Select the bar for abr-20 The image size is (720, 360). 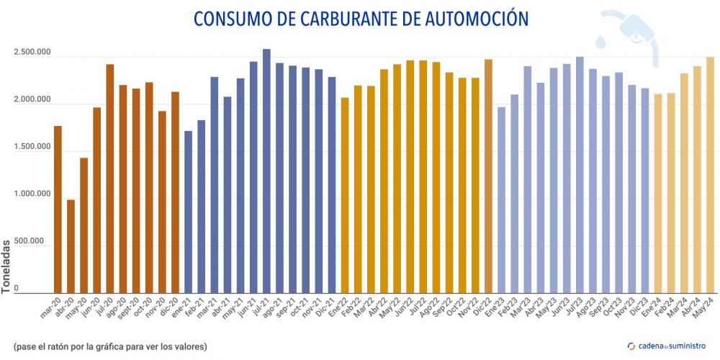[71, 246]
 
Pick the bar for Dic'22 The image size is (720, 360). [488, 176]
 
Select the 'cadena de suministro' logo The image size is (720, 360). [664, 346]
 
